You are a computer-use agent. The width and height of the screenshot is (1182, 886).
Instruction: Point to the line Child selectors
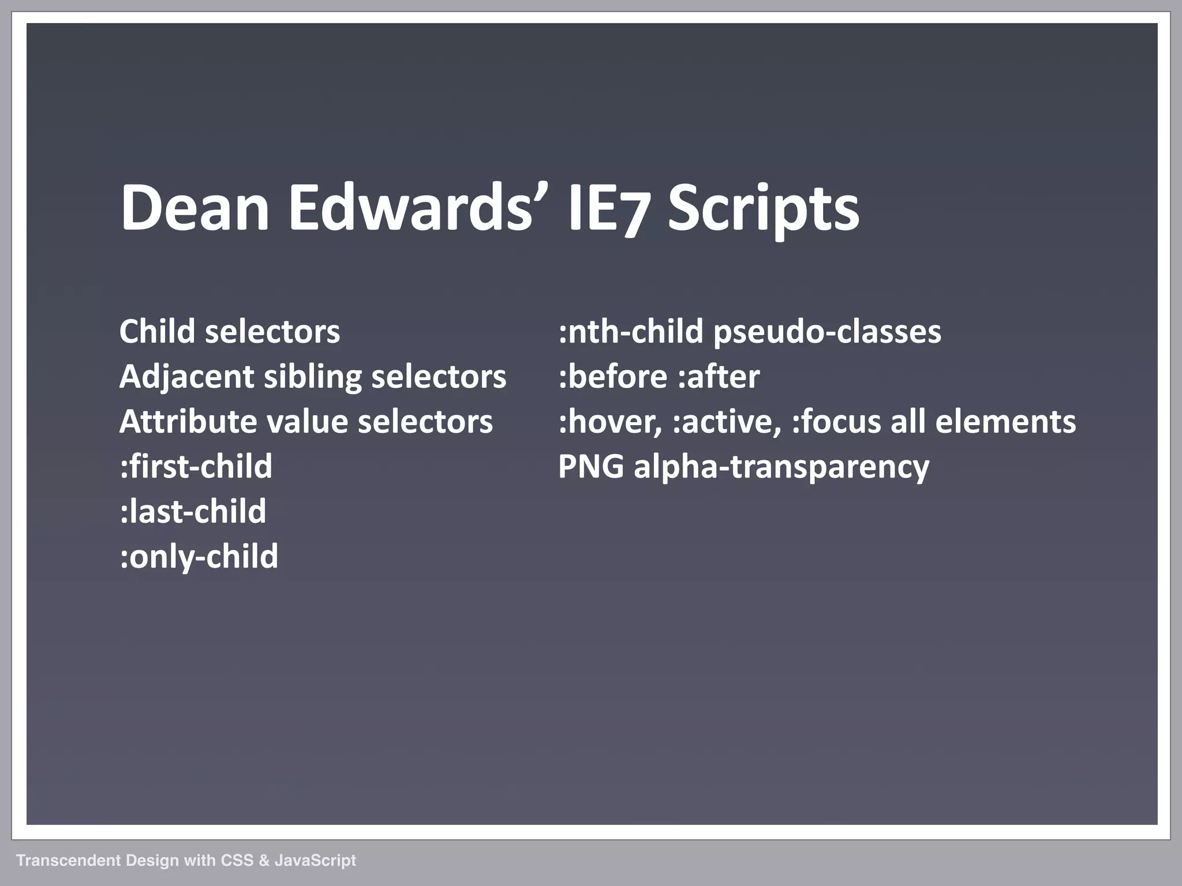pos(229,332)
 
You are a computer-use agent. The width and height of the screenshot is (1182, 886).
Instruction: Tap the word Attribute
pos(188,422)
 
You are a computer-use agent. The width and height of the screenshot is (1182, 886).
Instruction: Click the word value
pos(306,422)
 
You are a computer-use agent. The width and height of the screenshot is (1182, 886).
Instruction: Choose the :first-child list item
pos(196,466)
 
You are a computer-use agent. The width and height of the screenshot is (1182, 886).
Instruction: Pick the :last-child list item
pos(193,511)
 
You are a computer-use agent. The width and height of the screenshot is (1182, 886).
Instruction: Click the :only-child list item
pos(199,557)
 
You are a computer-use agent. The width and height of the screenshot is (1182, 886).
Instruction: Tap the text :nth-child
pos(631,332)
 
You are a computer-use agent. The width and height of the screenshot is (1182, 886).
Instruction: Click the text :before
pos(612,377)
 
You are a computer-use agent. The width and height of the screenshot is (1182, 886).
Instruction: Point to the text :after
pos(718,377)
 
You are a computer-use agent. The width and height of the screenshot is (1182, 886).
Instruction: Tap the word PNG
pos(591,467)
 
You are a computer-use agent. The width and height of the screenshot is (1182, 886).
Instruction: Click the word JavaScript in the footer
pos(315,860)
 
